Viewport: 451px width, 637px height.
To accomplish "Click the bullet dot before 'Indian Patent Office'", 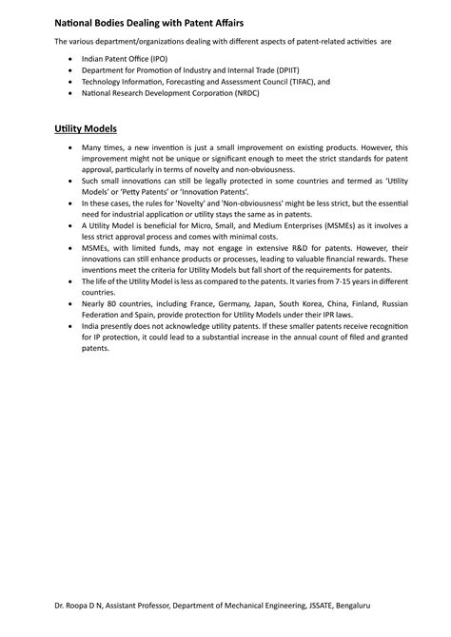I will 70,59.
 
